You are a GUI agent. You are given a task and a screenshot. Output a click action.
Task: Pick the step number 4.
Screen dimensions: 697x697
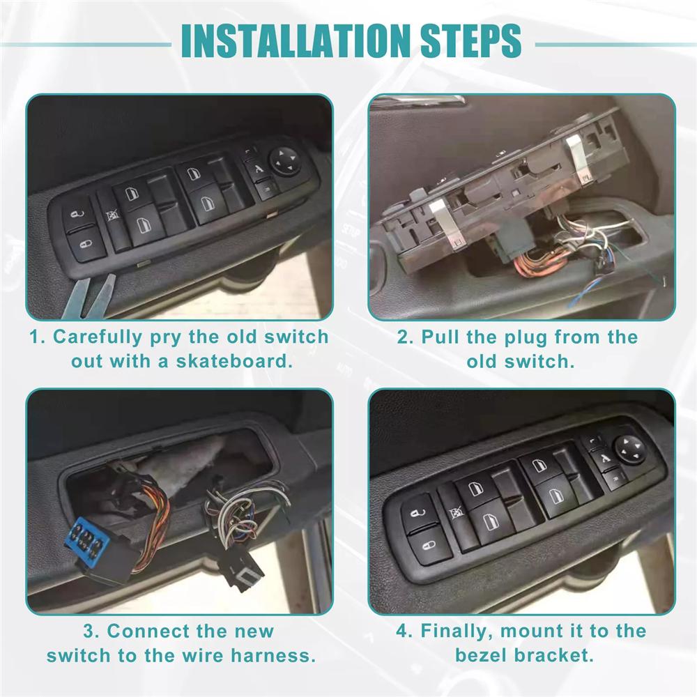point(403,631)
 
